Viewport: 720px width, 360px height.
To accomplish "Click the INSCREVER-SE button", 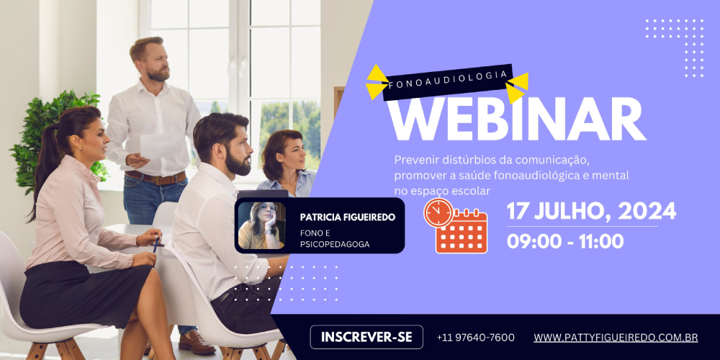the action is coord(366,337).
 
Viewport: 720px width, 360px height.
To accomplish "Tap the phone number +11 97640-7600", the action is coord(476,338).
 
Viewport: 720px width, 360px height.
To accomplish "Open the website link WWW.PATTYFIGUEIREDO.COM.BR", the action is coord(616,338).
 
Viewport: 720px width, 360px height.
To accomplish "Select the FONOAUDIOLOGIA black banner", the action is coord(447,81).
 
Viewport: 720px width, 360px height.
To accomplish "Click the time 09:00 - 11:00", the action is coord(564,241).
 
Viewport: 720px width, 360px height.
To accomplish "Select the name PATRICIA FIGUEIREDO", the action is coord(347,217).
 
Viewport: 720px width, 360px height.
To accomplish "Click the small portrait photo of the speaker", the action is coord(261,225).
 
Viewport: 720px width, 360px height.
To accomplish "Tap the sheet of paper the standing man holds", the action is coord(161,146).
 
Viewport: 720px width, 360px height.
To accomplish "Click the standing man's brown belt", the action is coord(156,177).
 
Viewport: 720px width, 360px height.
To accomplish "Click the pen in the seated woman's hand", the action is coord(156,245).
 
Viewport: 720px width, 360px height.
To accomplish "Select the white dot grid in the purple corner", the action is coord(675,48).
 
